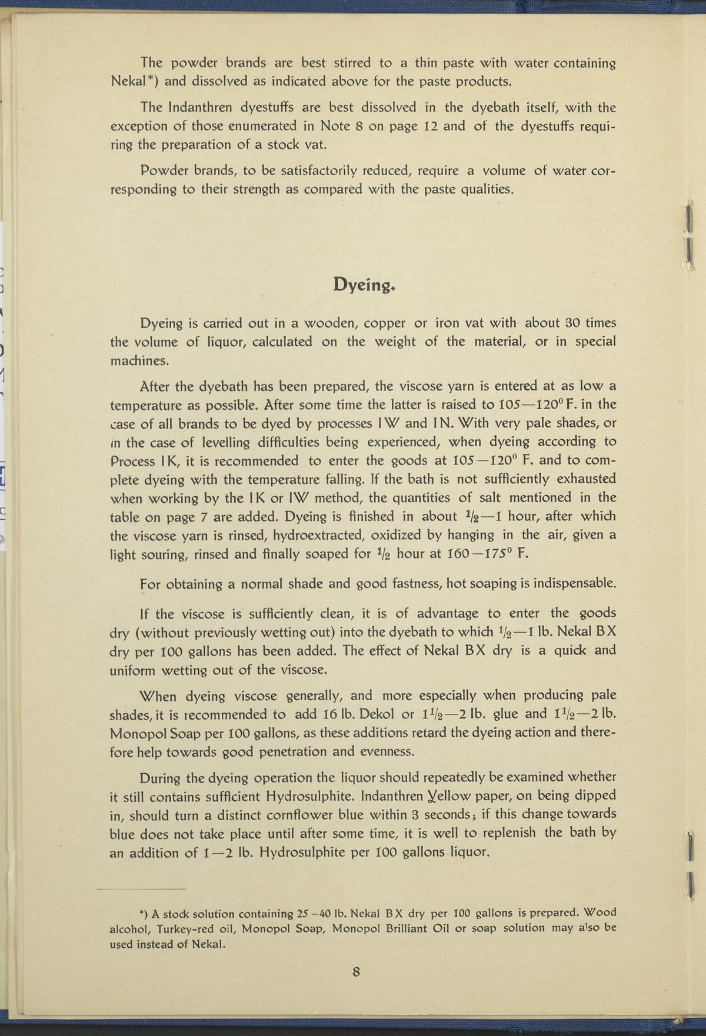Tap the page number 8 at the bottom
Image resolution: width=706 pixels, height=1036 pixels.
356,972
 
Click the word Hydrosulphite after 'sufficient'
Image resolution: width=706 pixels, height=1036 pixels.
310,797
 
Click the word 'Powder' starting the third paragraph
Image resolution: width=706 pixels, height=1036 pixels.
160,171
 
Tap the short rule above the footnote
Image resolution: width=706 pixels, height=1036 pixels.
141,889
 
